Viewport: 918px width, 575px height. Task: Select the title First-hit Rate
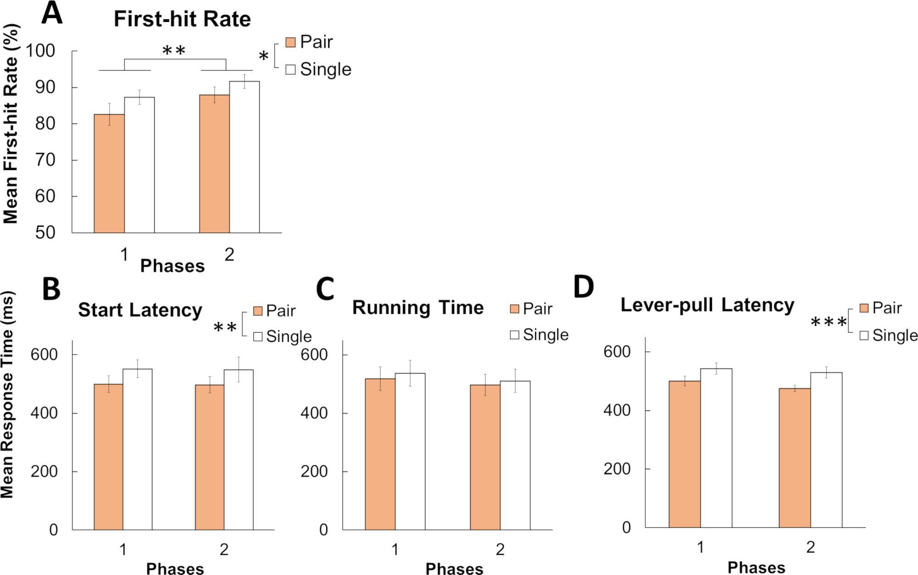tap(182, 19)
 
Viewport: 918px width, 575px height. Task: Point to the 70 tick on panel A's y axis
tap(45, 160)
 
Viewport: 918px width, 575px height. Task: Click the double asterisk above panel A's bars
tap(174, 50)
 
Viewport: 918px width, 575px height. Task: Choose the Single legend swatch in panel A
tap(291, 69)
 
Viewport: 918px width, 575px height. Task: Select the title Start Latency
tap(140, 310)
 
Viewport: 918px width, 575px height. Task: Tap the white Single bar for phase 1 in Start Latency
tap(137, 449)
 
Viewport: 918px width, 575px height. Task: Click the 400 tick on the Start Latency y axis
tap(44, 413)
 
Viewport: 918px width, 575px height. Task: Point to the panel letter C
tap(325, 289)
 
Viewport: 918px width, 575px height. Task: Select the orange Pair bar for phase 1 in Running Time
tap(380, 454)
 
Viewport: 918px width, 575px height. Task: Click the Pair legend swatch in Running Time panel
tap(515, 309)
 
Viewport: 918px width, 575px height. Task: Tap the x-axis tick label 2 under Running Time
tap(500, 549)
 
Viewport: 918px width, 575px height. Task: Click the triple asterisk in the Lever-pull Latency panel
tap(828, 323)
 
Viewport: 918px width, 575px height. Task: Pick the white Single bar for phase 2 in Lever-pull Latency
tap(826, 450)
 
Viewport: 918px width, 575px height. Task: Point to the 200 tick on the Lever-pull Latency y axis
tap(617, 469)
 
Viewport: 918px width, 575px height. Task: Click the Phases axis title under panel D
tap(756, 568)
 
